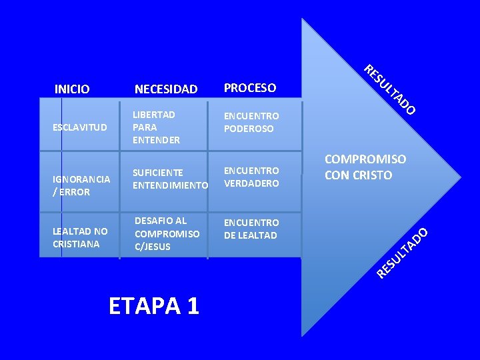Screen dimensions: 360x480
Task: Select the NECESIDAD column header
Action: (166, 89)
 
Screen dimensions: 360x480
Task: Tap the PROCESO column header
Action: (250, 88)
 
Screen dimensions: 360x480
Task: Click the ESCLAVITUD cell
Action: (80, 127)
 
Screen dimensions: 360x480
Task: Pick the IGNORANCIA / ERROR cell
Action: (81, 185)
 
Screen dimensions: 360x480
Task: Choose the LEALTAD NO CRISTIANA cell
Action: (80, 237)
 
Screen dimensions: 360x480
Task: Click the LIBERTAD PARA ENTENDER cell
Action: (157, 127)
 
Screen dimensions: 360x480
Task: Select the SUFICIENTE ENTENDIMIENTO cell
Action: (171, 179)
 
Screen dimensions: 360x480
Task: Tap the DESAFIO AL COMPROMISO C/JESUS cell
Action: (167, 233)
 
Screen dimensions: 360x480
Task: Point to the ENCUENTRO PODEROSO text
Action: (251, 122)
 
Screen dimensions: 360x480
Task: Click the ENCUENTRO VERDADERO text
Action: (251, 177)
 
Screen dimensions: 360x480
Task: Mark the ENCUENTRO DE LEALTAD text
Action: (251, 229)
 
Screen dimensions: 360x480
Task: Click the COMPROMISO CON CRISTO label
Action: (365, 167)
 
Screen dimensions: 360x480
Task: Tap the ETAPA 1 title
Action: (153, 305)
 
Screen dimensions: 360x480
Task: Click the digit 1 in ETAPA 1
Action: (192, 305)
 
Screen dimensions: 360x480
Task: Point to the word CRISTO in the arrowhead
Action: (373, 175)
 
